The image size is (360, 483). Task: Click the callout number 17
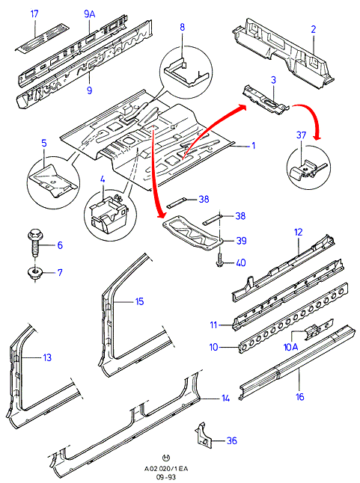coord(34,14)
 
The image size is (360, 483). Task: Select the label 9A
coord(89,14)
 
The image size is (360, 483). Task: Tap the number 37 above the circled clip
coord(301,135)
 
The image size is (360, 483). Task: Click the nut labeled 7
coord(34,273)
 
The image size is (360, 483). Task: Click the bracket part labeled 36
coord(204,436)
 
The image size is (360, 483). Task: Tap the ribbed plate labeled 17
coord(43,37)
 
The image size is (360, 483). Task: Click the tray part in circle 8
coord(187,73)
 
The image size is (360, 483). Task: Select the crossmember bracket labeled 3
coord(266,100)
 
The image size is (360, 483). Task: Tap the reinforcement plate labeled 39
coord(193,232)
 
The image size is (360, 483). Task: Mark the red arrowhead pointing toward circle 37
coord(317,136)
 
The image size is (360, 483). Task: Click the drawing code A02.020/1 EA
coord(166,469)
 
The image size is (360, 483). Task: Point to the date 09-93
coord(166,477)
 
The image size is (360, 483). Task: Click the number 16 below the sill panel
coord(299,396)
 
